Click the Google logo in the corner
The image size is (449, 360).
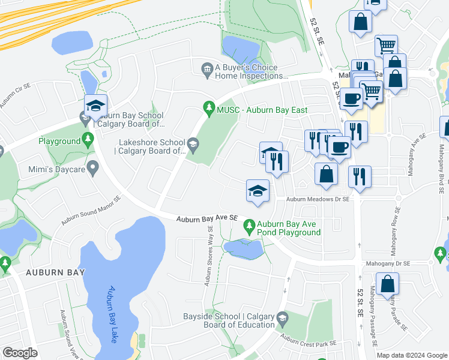tap(20, 353)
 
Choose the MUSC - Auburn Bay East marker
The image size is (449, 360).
tap(209, 109)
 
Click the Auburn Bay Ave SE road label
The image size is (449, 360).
tap(207, 220)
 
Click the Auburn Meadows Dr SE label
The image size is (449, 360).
tap(318, 199)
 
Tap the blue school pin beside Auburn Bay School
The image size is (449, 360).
tap(95, 106)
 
